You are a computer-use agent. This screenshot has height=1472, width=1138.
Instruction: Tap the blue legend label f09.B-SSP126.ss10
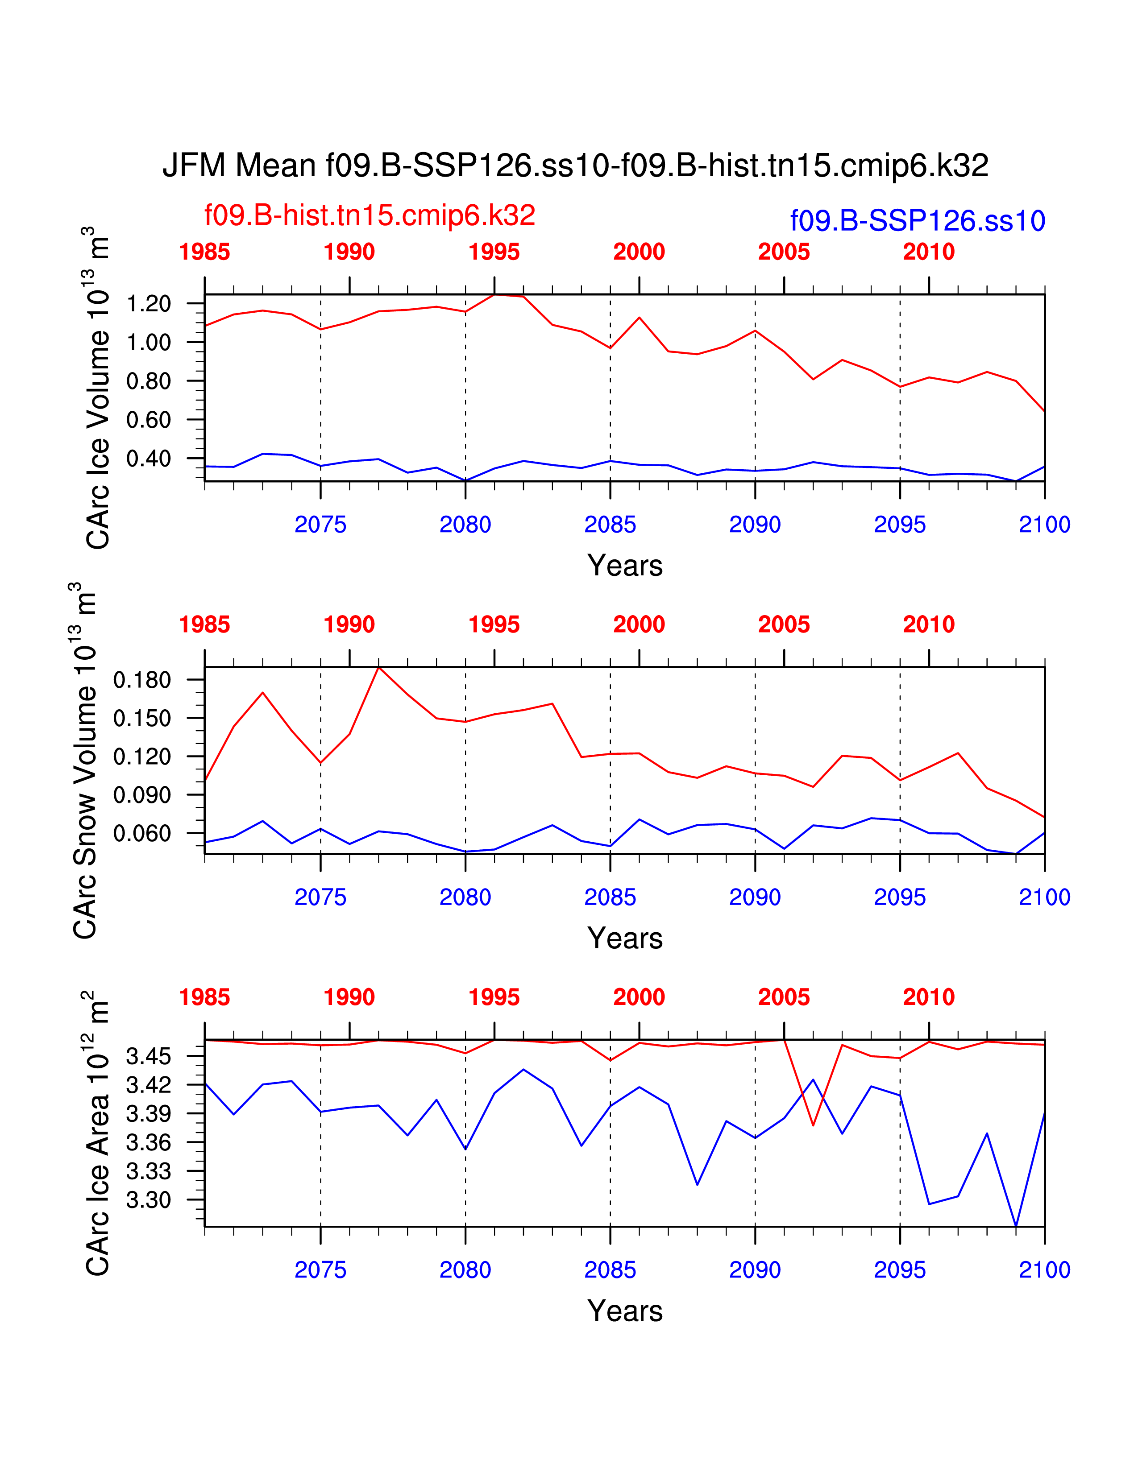coord(917,221)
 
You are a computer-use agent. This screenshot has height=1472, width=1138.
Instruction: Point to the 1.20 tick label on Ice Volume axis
coord(148,304)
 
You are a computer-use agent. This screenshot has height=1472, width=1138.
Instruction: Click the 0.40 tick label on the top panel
coord(148,459)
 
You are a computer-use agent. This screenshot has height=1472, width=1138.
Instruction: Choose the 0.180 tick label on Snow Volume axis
coord(142,680)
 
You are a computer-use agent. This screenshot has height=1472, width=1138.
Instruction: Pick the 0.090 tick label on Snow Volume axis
coord(142,795)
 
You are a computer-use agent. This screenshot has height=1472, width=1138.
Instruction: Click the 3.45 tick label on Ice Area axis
coord(148,1056)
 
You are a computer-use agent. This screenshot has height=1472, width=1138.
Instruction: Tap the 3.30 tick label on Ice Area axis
coord(148,1200)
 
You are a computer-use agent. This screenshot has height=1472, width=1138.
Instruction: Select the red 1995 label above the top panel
coord(494,252)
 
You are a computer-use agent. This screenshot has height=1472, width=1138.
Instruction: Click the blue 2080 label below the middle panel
coord(465,898)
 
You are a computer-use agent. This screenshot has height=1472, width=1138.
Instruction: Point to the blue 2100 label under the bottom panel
coord(1044,1270)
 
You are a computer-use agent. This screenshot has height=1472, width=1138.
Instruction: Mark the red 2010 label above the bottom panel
coord(928,997)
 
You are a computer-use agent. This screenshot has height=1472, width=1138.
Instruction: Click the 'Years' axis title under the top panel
coord(625,566)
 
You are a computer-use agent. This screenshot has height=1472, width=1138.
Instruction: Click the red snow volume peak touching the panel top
coord(379,668)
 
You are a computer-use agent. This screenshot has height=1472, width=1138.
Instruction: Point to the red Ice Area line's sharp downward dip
coord(813,1125)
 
